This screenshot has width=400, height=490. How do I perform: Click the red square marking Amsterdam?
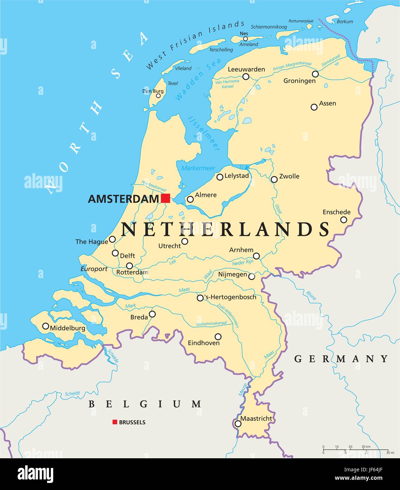pyautogui.click(x=166, y=198)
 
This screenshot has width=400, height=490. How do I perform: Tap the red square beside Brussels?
pyautogui.click(x=115, y=422)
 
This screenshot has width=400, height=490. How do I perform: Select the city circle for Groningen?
pyautogui.click(x=315, y=74)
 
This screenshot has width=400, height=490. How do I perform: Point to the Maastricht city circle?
pyautogui.click(x=238, y=423)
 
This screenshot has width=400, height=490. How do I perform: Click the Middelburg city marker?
pyautogui.click(x=45, y=326)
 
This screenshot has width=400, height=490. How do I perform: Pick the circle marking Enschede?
pyautogui.click(x=344, y=220)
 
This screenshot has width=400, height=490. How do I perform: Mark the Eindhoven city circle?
pyautogui.click(x=218, y=337)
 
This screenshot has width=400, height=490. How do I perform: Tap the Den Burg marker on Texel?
pyautogui.click(x=158, y=96)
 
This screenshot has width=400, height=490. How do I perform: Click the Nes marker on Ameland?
pyautogui.click(x=246, y=39)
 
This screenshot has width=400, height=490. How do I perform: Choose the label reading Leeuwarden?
pyautogui.click(x=246, y=69)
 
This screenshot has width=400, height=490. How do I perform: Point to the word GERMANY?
pyautogui.click(x=341, y=359)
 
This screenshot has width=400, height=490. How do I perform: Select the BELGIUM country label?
pyautogui.click(x=145, y=404)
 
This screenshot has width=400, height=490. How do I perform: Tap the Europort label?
pyautogui.click(x=94, y=269)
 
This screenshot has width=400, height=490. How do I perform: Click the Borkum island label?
pyautogui.click(x=345, y=22)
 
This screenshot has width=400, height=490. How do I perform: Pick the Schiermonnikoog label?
pyautogui.click(x=269, y=27)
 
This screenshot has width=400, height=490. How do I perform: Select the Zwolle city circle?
pyautogui.click(x=274, y=179)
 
